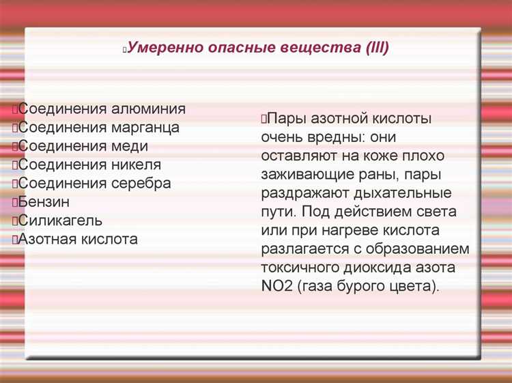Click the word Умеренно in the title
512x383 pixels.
(x=161, y=49)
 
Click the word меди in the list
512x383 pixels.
(x=130, y=146)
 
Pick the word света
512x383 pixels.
(x=434, y=211)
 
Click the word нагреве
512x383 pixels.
(x=343, y=230)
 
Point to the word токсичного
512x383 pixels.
(x=296, y=267)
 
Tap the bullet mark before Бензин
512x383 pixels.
(x=14, y=203)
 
